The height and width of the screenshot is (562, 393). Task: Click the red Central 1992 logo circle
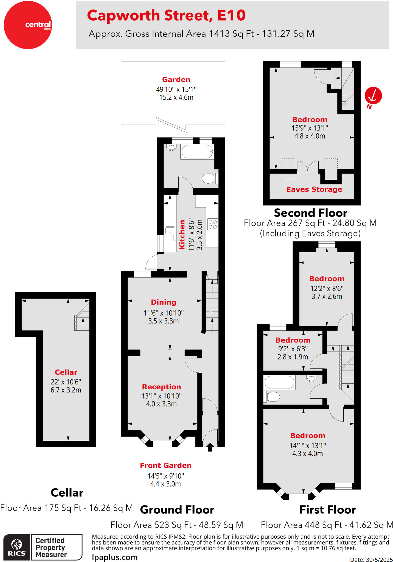point(28,25)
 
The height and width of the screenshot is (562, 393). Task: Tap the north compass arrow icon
point(373,96)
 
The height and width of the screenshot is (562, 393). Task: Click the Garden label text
point(176,80)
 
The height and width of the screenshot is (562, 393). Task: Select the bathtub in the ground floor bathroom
point(197,152)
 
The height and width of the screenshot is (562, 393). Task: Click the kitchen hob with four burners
point(213,224)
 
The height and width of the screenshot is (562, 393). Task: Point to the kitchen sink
point(170,234)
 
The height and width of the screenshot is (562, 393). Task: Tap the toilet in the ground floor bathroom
point(210,178)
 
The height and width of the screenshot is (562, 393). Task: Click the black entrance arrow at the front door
point(210,447)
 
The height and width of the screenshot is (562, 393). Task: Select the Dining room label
point(163,302)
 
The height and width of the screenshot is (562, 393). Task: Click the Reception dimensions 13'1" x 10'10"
point(161,396)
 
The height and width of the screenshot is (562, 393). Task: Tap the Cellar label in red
point(66,372)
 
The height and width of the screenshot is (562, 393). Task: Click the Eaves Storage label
point(314,189)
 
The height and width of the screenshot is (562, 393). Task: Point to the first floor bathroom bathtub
point(279,382)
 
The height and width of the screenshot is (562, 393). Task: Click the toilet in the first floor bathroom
point(272,397)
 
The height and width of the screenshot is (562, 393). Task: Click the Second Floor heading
point(310,213)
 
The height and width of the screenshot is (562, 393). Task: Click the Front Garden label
point(165,466)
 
